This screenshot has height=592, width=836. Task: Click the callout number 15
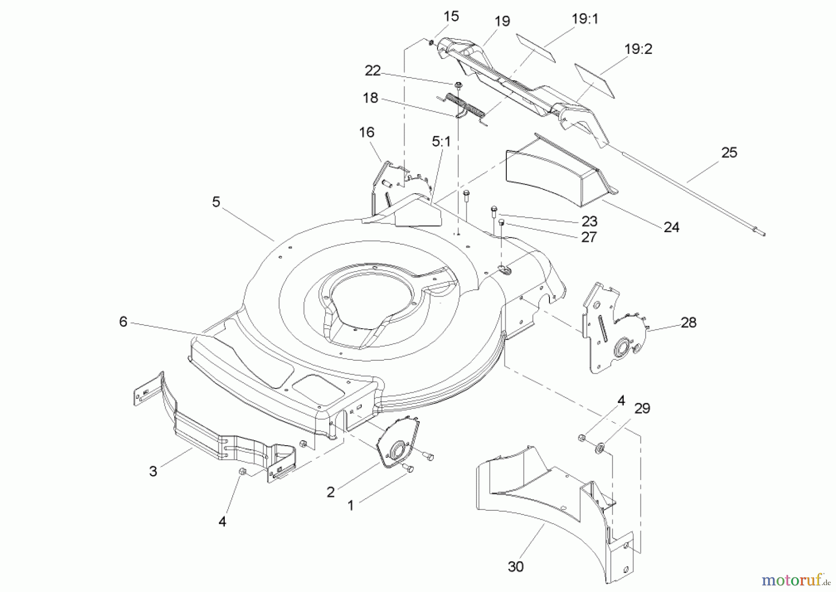click(451, 16)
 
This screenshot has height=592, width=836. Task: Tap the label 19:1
click(585, 19)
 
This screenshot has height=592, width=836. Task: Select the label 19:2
click(638, 49)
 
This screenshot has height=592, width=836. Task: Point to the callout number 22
click(372, 71)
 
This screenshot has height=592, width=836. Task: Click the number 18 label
click(370, 98)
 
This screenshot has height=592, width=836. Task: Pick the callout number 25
click(729, 152)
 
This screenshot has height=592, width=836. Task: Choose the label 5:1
click(441, 142)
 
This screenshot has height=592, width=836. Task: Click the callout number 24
click(671, 227)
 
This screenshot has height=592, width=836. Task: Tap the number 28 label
click(688, 322)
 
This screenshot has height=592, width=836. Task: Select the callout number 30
click(516, 566)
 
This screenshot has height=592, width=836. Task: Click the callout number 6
click(123, 322)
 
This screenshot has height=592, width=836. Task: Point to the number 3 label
click(153, 471)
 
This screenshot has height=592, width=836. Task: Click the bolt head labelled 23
click(493, 211)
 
